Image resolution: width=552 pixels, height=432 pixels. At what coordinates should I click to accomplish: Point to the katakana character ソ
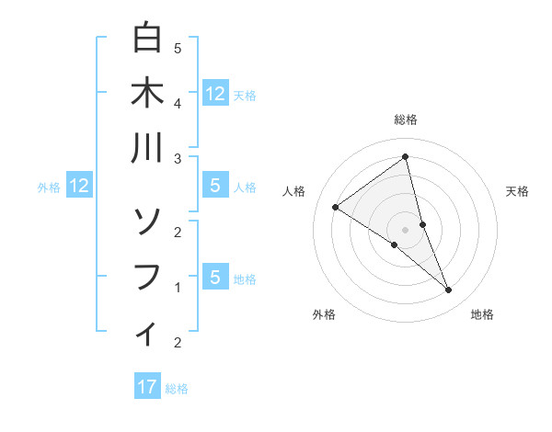point(147,221)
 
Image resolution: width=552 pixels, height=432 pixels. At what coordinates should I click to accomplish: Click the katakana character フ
point(147,276)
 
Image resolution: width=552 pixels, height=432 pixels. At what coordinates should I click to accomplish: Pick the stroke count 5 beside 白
point(178,48)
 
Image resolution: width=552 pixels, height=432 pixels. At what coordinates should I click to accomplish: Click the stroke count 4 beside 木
point(178,103)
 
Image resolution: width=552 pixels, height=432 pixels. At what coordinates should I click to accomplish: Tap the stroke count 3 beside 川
point(178,159)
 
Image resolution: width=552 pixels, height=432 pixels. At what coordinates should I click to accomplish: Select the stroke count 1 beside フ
point(178,287)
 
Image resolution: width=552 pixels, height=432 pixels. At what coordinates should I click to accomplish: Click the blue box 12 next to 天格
point(214,93)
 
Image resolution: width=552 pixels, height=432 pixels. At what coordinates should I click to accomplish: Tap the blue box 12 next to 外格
point(78,186)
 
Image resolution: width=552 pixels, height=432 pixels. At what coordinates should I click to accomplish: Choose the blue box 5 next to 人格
point(214,186)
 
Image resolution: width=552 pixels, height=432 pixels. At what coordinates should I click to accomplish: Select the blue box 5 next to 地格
point(214,277)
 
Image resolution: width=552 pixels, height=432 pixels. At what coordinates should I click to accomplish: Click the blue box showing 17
point(147,386)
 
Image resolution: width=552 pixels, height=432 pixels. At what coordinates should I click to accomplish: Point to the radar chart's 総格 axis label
point(405,119)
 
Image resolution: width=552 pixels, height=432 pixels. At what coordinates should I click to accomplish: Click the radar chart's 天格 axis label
point(517,191)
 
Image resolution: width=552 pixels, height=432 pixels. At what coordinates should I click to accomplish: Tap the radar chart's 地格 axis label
point(482,314)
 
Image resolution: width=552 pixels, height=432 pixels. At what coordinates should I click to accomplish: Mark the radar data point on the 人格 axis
point(336,208)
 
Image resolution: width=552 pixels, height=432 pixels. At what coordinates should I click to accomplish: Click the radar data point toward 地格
point(449,290)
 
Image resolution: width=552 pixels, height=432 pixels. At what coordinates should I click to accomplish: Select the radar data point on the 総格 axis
point(405,156)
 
